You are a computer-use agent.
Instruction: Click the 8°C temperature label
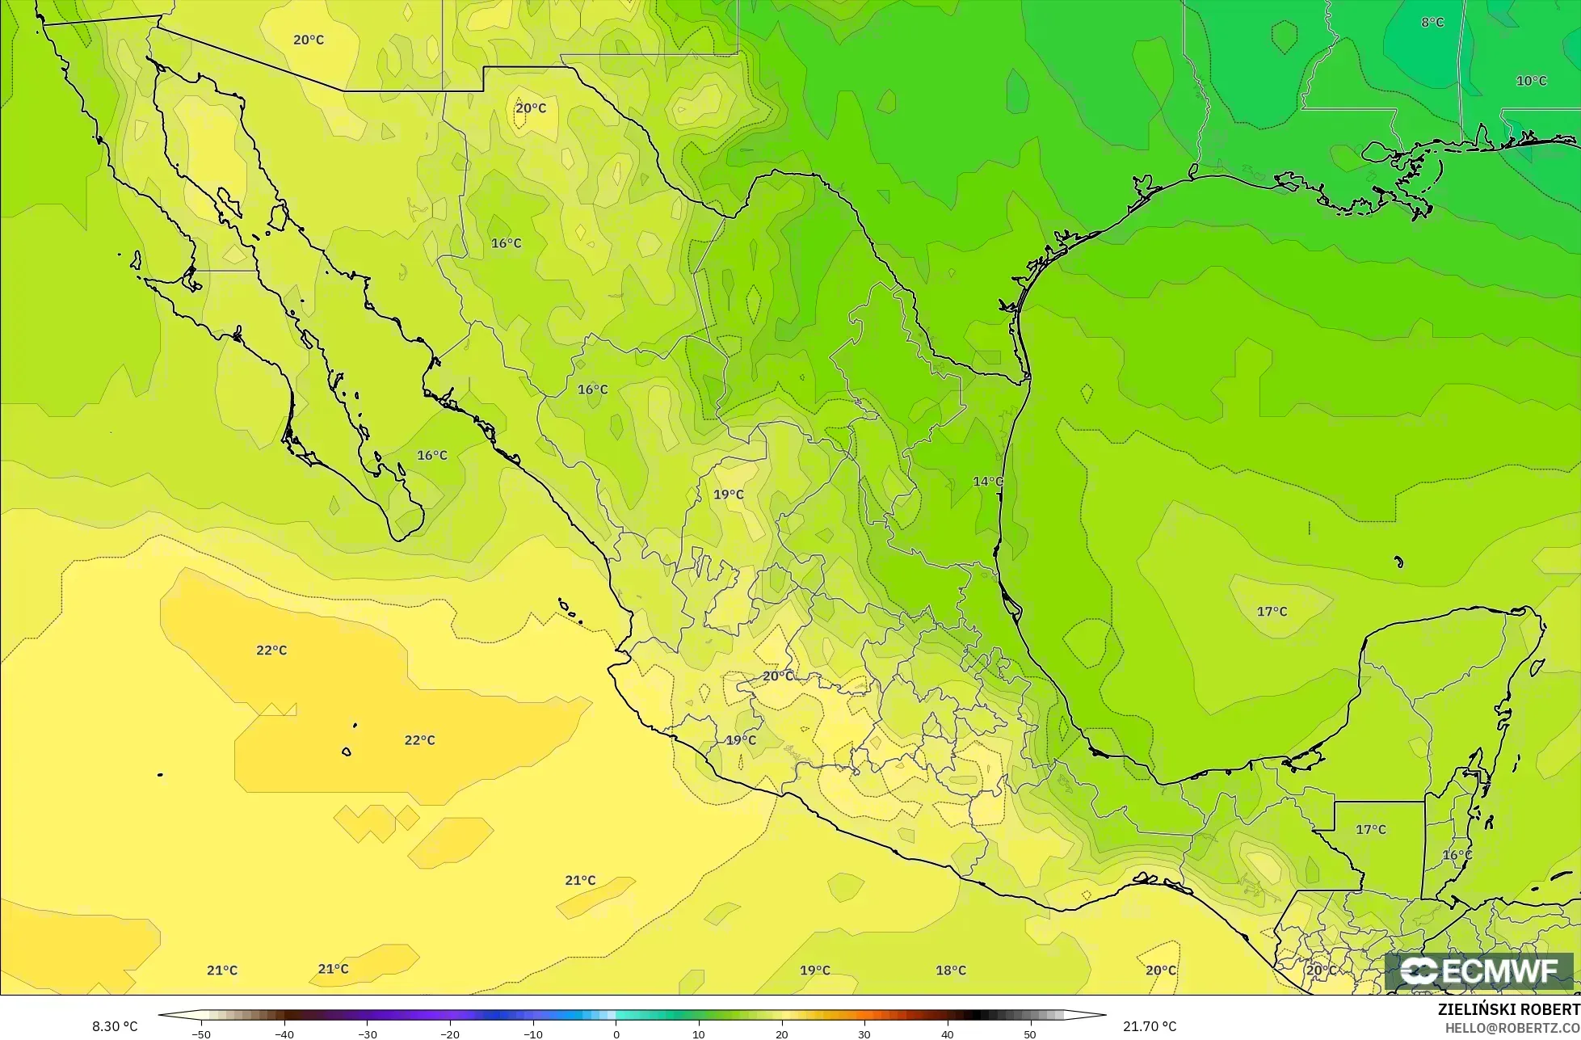coord(1432,23)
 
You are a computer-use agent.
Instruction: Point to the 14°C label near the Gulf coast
coord(987,482)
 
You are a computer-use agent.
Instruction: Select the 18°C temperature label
coord(950,971)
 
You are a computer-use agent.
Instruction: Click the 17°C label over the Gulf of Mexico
coord(1272,612)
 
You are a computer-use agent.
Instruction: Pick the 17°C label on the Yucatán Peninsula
coord(1370,830)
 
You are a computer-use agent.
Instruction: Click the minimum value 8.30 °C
coord(115,1027)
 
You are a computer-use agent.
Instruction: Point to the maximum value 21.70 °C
coord(1150,1027)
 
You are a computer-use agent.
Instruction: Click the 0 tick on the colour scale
coord(616,1034)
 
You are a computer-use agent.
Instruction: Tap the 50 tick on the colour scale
coord(1029,1034)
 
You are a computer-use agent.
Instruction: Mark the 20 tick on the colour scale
coord(781,1034)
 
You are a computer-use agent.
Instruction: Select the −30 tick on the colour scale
coord(367,1034)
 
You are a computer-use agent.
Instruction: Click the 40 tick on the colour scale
coord(947,1034)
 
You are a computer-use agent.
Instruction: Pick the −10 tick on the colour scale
coord(532,1034)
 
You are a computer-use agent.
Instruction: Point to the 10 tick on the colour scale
coord(699,1034)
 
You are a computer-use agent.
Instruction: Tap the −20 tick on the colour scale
coord(449,1034)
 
